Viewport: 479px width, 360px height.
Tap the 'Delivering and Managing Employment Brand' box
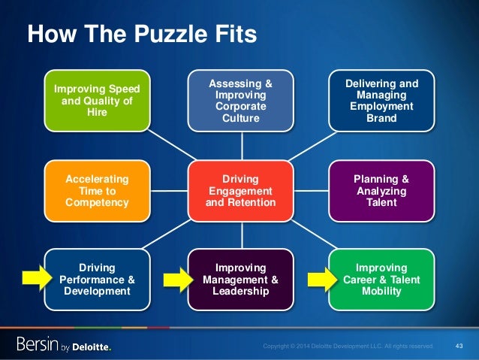coord(382,101)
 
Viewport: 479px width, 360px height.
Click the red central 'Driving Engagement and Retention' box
coord(241,191)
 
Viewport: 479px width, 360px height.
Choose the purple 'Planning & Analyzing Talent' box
coord(382,191)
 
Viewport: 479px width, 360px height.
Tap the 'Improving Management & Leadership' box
coord(241,280)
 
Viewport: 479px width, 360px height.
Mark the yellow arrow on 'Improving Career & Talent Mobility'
coord(321,280)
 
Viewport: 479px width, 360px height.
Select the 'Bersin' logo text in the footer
coord(38,345)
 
